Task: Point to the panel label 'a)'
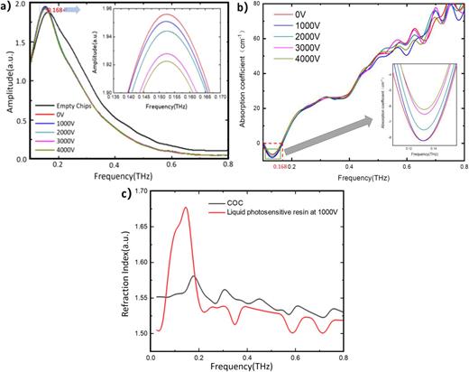pos(8,7)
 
